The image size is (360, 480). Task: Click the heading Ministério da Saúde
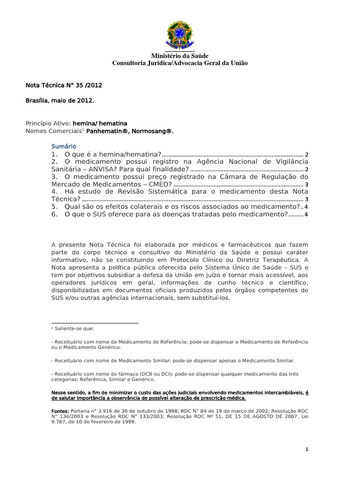click(180, 56)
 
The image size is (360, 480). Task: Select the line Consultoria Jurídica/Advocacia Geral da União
click(180, 63)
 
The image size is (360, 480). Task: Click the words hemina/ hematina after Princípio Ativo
click(100, 123)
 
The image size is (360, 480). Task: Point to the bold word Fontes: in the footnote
click(60, 411)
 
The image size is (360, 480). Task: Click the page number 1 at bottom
click(307, 450)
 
